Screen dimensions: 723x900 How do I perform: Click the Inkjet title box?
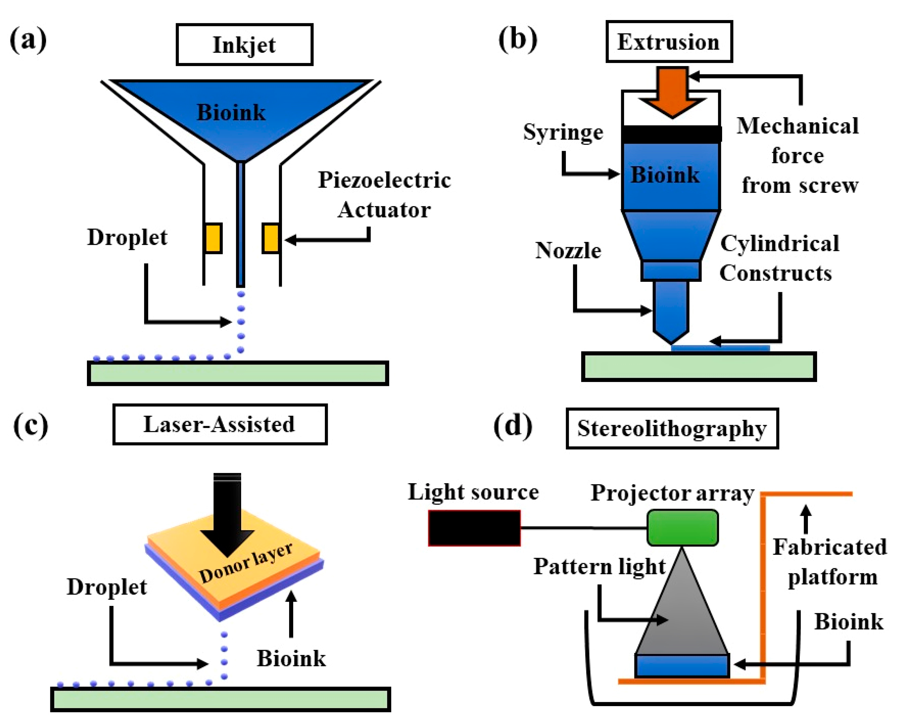click(244, 45)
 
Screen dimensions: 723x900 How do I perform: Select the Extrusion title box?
click(669, 42)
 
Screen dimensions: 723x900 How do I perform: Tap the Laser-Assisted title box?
click(220, 424)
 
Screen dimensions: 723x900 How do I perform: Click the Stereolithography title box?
click(672, 429)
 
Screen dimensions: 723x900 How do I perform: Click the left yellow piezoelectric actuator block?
click(213, 238)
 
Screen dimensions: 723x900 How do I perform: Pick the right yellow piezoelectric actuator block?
click(271, 238)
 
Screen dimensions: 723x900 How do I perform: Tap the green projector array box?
click(683, 528)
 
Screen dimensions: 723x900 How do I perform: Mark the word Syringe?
click(563, 132)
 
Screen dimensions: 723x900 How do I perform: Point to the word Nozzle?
click(568, 251)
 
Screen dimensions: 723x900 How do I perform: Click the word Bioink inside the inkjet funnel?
click(231, 112)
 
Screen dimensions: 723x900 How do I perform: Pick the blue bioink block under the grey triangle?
click(682, 666)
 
